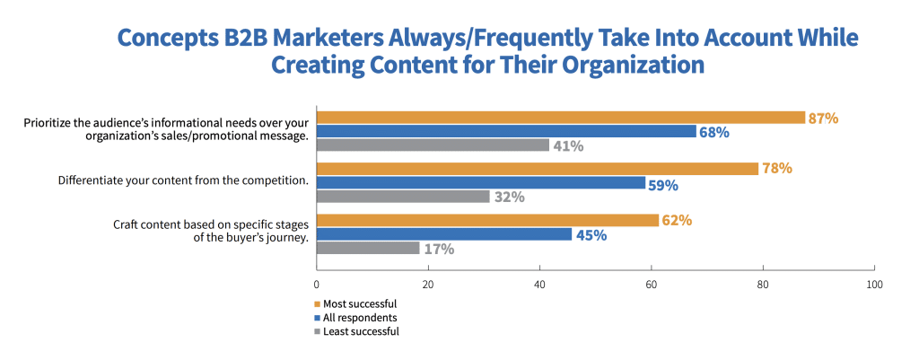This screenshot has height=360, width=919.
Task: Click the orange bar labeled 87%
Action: click(561, 118)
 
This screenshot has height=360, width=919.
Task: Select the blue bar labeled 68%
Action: click(506, 131)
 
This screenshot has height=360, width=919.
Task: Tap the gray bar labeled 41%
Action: click(433, 145)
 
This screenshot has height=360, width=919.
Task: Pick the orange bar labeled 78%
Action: click(538, 169)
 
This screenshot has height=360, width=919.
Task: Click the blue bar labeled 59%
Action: click(481, 183)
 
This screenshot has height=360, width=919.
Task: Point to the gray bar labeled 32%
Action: click(403, 197)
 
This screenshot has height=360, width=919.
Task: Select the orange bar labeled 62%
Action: click(487, 221)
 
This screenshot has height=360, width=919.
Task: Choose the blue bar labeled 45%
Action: click(444, 234)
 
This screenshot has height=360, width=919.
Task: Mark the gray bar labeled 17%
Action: click(368, 248)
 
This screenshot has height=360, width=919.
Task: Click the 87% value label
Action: click(824, 119)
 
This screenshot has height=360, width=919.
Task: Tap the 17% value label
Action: click(438, 249)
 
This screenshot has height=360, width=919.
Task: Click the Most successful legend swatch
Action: click(318, 304)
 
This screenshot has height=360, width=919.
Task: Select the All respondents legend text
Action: click(361, 318)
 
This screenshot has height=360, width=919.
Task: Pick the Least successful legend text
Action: click(362, 331)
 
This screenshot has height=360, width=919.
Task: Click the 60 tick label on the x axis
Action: click(652, 285)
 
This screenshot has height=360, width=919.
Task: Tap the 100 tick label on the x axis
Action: click(874, 285)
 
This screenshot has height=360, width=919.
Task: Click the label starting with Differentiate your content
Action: click(183, 180)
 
